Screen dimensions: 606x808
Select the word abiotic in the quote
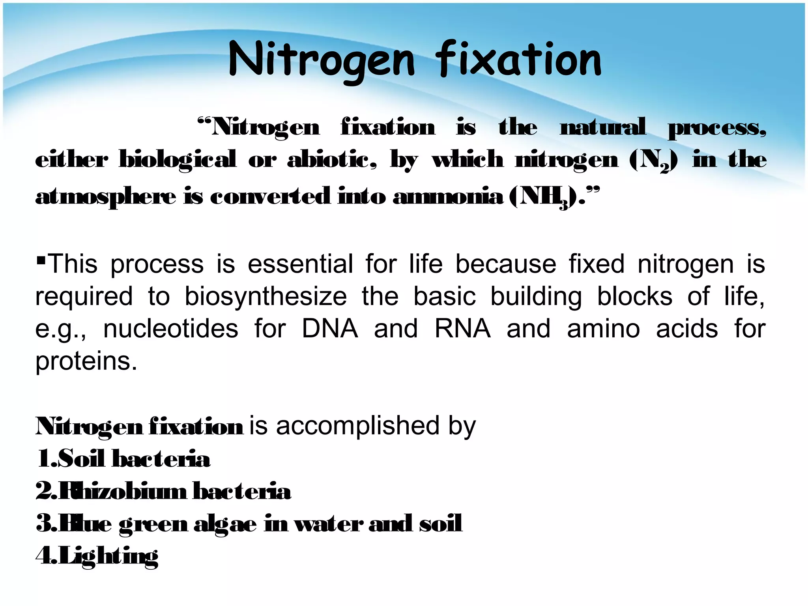point(331,160)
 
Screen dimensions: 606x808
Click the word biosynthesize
point(266,296)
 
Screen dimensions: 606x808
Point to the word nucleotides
point(171,329)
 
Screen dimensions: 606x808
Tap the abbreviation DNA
point(330,329)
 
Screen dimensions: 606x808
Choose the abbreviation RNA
point(462,329)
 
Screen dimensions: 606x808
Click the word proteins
point(86,361)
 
